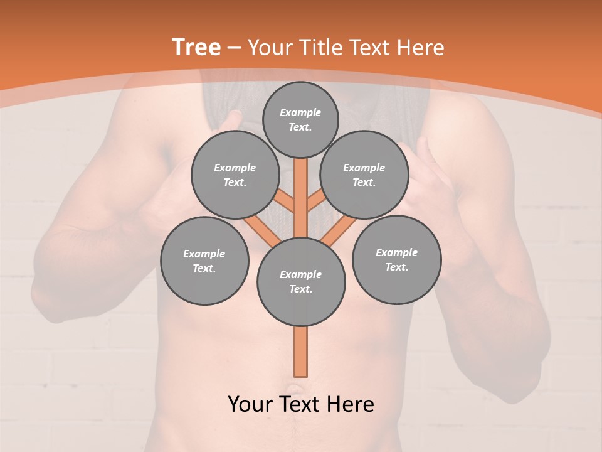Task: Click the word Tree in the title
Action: [x=196, y=48]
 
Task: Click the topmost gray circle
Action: [x=300, y=119]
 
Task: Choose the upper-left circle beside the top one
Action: [x=235, y=175]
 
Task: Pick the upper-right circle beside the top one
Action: [x=364, y=175]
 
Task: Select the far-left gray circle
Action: [x=204, y=261]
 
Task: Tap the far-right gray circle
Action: [x=396, y=259]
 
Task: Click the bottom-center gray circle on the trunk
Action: [x=301, y=282]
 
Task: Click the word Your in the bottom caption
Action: [x=249, y=404]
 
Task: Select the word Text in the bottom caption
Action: [x=299, y=404]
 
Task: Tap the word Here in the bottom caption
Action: [x=351, y=404]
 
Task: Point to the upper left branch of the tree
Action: [x=285, y=202]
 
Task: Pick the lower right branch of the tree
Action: [x=339, y=231]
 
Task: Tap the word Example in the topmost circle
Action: [x=300, y=112]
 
